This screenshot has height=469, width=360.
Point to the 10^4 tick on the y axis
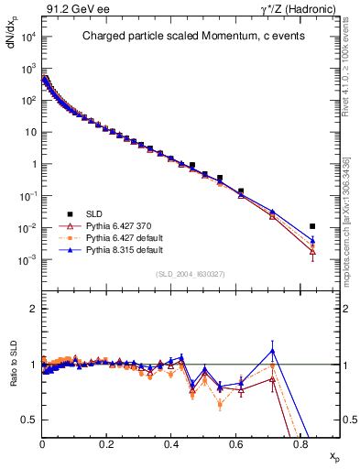pos(27,37)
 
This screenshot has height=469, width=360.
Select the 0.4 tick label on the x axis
pos(171,445)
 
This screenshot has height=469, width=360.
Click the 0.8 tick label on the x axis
pos(300,445)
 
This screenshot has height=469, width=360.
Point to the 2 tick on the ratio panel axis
pos(33,310)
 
